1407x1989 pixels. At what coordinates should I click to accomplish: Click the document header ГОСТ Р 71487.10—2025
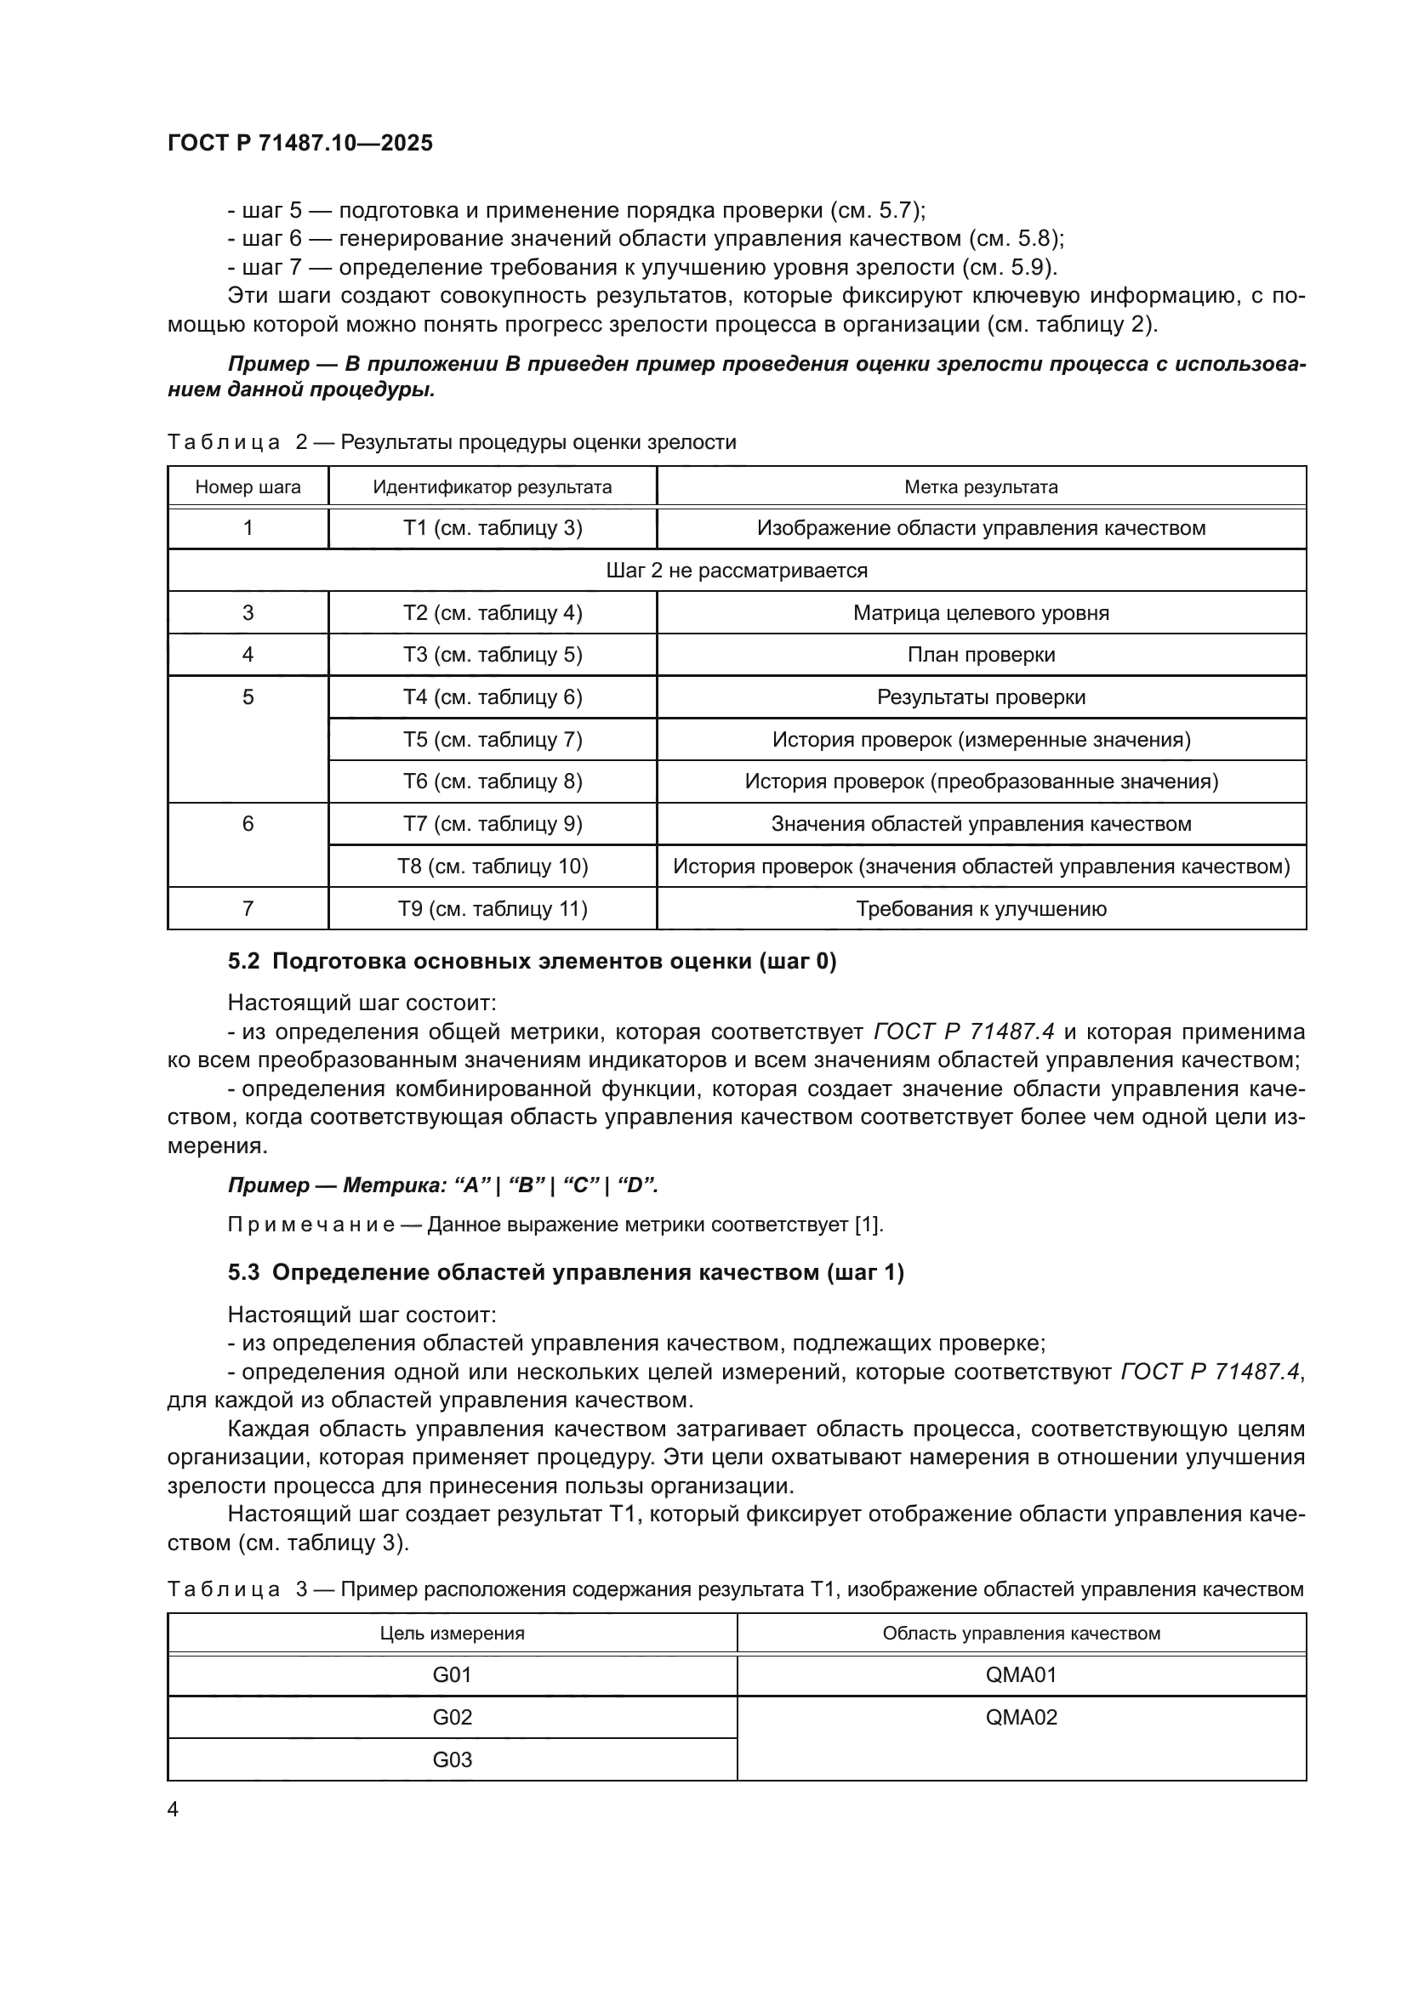pos(299,143)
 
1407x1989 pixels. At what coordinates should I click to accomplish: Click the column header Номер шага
pos(248,487)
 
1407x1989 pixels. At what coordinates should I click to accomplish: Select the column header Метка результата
pos(981,487)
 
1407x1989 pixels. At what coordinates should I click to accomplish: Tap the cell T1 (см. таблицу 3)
pos(492,527)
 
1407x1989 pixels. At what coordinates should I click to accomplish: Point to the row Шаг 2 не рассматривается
pos(737,570)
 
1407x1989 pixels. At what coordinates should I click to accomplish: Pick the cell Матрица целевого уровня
pos(981,612)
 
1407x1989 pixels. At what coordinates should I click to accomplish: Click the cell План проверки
pos(981,654)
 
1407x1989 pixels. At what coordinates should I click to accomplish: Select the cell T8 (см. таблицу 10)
pos(492,866)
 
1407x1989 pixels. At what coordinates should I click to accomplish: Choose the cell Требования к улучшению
pos(981,908)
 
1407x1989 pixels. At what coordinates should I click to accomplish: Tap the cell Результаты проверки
pos(981,696)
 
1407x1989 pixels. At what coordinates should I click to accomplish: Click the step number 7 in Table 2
pos(248,908)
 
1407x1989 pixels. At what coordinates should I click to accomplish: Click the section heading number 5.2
pos(243,962)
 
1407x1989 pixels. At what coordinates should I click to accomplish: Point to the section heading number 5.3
pos(243,1273)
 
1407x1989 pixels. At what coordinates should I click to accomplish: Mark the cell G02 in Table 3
pos(452,1717)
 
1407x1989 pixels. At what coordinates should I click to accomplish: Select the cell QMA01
pos(1022,1674)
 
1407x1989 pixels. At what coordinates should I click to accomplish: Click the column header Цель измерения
pos(452,1633)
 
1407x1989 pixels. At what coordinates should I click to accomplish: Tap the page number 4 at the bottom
pos(174,1810)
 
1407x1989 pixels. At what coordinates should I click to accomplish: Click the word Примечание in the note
pos(311,1224)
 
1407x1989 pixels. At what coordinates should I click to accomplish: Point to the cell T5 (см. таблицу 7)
pos(492,739)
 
